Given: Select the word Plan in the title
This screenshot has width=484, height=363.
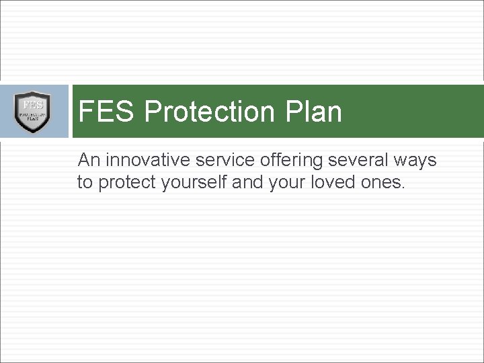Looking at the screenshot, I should [318, 112].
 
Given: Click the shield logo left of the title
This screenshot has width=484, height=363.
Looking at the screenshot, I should [32, 112].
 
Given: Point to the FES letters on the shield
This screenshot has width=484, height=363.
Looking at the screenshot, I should [32, 105].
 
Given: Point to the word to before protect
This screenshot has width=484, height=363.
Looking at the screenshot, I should [85, 182].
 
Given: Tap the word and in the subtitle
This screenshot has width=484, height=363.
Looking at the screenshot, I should [245, 182].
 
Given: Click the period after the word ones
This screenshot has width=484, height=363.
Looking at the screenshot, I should [403, 188].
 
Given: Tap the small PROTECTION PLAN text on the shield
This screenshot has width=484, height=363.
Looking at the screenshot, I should [32, 117].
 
